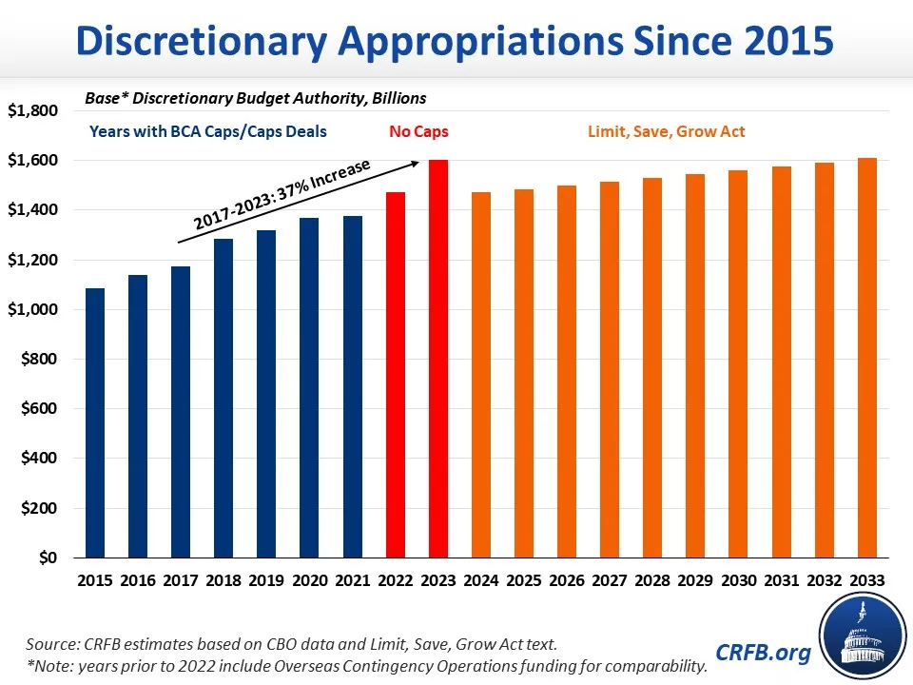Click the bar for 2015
95,422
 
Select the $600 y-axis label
38,409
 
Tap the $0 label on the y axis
48,558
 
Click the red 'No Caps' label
418,132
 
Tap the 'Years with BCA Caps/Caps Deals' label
208,132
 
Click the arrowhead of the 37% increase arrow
415,164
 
